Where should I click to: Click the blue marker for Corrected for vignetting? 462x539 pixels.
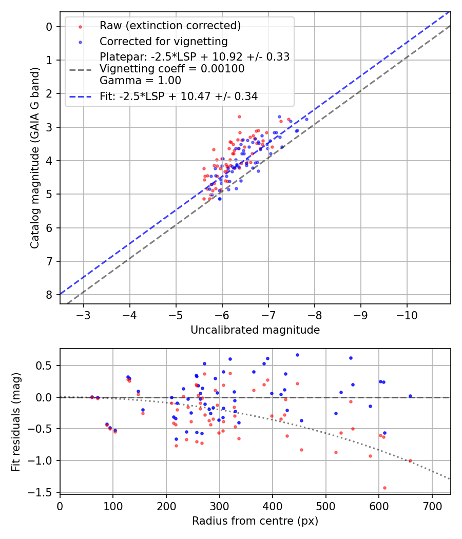80,41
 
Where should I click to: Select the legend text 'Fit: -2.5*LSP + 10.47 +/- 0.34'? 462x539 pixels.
179,96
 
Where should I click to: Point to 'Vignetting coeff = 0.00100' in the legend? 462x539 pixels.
172,68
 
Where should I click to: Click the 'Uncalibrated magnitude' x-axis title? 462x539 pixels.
255,330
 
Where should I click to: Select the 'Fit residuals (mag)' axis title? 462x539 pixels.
16,421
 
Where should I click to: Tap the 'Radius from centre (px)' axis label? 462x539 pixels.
255,521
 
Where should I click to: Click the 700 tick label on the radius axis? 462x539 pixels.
432,506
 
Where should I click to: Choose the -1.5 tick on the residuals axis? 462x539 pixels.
42,492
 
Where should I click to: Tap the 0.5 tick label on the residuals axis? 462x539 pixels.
45,365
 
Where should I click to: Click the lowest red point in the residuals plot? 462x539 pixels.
384,488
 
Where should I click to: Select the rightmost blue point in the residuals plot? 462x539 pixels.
410,396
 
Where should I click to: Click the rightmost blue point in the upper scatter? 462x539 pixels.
306,119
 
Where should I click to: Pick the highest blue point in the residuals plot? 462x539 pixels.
297,355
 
